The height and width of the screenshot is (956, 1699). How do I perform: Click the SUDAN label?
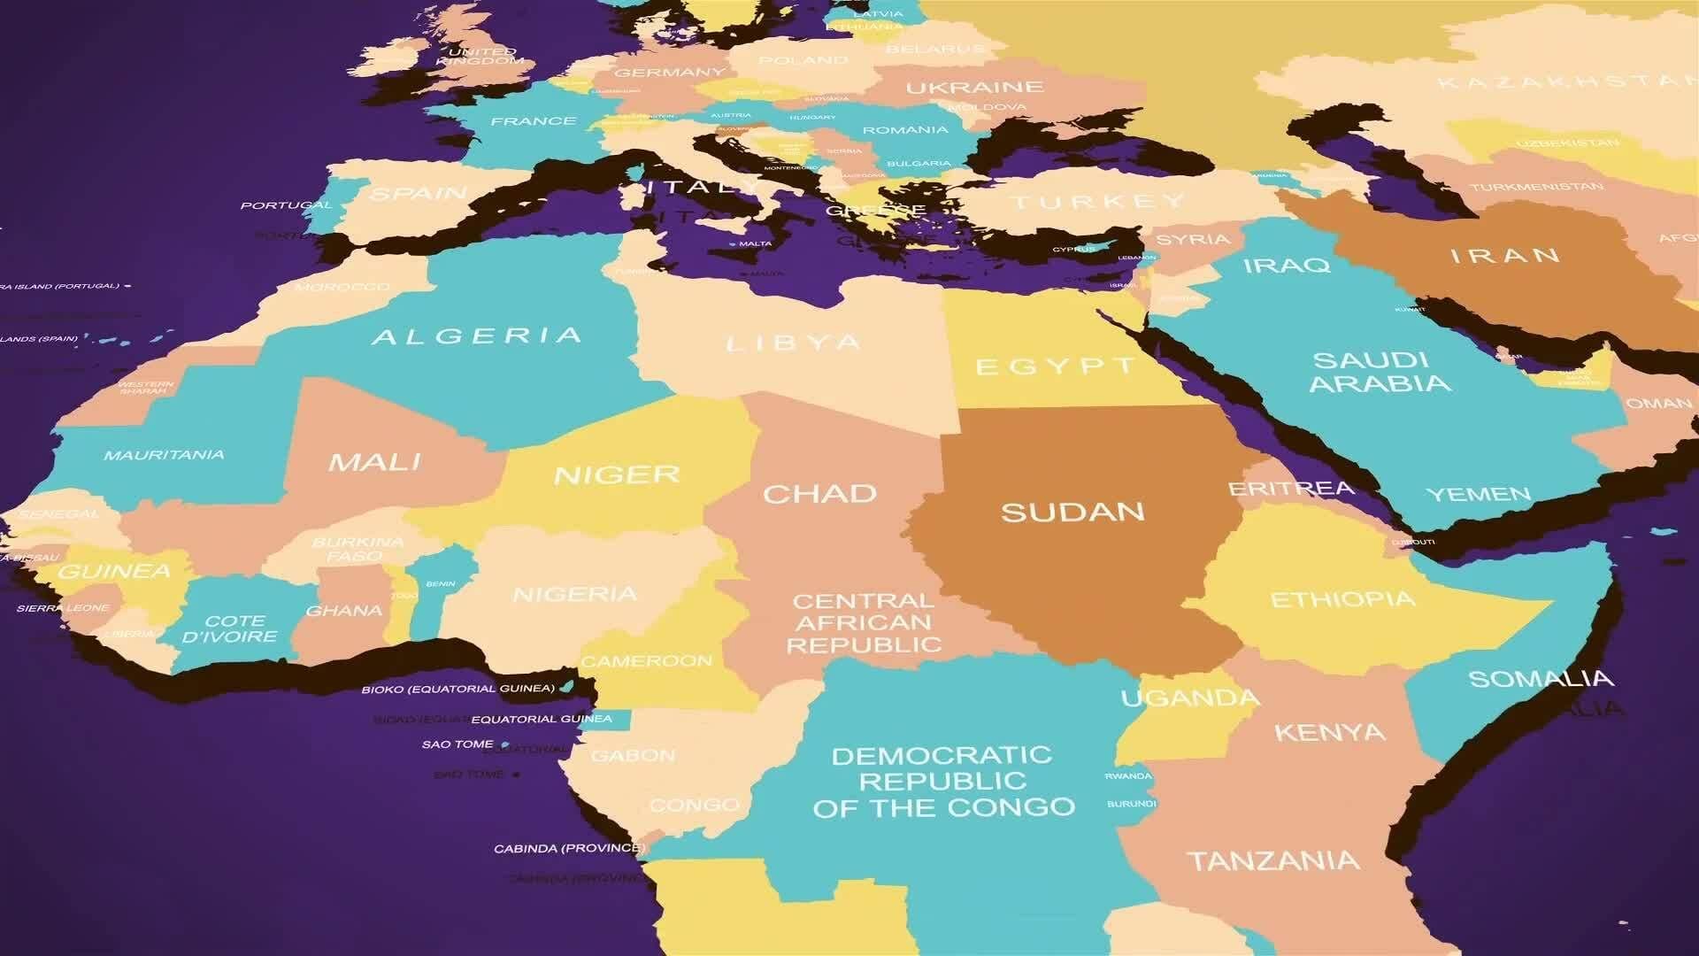[1072, 512]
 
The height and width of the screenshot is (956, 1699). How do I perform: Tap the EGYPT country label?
[1056, 366]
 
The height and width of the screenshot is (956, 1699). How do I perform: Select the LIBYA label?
[793, 343]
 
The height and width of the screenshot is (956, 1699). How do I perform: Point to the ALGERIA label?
[477, 336]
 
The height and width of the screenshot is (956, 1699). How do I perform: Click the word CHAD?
[819, 494]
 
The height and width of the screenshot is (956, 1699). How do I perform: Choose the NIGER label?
[617, 475]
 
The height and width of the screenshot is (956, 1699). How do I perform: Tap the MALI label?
[374, 462]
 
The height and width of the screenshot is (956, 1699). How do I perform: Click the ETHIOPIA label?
[1342, 600]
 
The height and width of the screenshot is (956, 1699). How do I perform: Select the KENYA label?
[1329, 733]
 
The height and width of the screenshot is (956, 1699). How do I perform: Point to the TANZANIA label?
[1272, 860]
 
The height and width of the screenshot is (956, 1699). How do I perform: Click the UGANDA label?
[1189, 698]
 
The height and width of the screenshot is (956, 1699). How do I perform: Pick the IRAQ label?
[1287, 265]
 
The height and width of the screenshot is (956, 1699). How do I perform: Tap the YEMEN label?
[1478, 494]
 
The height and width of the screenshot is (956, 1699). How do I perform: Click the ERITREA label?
[1291, 489]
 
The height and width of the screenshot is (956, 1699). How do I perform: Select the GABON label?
[633, 756]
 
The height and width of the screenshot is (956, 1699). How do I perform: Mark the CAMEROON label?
[646, 661]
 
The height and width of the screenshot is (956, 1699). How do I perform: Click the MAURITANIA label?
[164, 455]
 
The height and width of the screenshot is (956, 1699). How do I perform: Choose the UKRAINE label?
[974, 88]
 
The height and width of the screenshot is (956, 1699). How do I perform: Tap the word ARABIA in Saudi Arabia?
[1380, 383]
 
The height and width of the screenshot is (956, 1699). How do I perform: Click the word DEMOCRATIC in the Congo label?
[942, 756]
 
